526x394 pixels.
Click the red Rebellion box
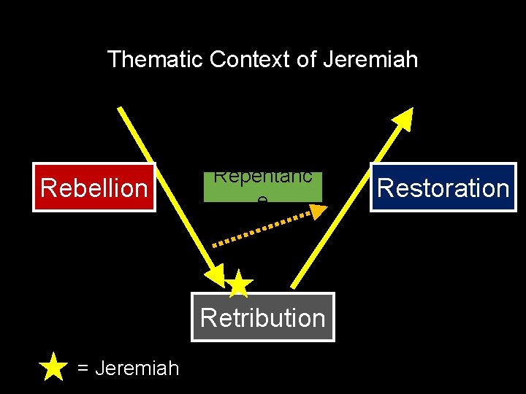94,188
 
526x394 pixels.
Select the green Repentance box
262,188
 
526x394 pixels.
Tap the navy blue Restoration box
443,188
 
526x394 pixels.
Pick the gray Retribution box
262,317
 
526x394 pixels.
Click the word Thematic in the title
155,59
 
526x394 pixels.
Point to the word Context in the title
249,59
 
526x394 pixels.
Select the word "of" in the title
305,59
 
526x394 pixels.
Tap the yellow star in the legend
53,367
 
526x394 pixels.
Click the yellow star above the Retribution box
239,284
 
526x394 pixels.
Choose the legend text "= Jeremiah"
128,368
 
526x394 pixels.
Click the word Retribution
262,318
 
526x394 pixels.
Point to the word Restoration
443,188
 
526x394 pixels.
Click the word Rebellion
94,188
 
